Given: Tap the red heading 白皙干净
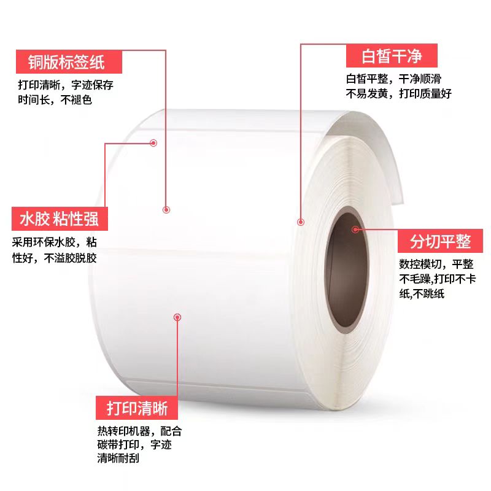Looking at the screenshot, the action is point(392,56).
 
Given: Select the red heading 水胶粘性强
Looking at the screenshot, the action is point(60,218).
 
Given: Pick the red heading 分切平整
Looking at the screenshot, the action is point(440,241).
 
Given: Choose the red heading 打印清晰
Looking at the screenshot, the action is point(137,408).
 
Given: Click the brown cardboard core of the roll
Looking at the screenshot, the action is point(347,269).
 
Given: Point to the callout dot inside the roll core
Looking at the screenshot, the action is point(355,230).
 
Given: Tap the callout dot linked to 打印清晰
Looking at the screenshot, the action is point(177,317).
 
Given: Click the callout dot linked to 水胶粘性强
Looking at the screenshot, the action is point(153,143).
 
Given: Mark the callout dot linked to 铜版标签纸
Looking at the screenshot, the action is point(166,210).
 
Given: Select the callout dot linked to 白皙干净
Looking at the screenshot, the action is point(301,222).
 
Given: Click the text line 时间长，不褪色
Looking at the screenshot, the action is point(55,100).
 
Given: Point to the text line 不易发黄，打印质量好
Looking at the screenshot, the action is point(398,93).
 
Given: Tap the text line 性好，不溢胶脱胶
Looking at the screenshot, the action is point(55,258).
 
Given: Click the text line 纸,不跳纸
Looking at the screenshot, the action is point(422,294).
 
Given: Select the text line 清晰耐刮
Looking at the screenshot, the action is point(118,458).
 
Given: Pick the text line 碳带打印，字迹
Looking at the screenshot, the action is point(134,444).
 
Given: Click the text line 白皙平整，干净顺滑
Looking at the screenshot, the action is point(393,79).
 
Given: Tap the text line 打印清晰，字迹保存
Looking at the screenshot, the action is point(66,85).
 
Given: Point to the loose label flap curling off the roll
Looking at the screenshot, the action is point(373,150).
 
